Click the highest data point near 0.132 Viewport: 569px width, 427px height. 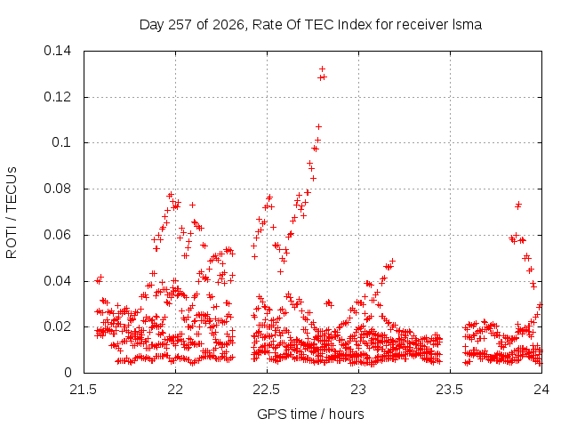[322, 69]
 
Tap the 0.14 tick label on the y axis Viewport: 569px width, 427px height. [57, 51]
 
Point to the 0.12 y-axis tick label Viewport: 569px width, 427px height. [57, 97]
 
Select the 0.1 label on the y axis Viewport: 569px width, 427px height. [61, 142]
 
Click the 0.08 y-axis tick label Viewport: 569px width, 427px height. [57, 189]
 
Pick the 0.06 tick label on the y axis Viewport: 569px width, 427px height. [57, 235]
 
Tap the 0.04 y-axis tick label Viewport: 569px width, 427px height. [57, 281]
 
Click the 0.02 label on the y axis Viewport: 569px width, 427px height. [57, 326]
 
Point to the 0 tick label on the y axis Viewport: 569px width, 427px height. [68, 373]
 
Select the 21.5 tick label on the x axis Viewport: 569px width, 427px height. [84, 390]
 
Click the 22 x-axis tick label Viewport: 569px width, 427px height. [175, 390]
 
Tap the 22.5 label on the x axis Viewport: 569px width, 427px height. [267, 390]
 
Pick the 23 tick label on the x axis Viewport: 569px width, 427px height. [358, 390]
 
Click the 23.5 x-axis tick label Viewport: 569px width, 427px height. [450, 390]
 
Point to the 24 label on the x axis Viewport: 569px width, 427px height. [541, 390]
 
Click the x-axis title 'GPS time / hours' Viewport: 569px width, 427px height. [310, 414]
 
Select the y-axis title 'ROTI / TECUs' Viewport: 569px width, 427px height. [12, 213]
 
